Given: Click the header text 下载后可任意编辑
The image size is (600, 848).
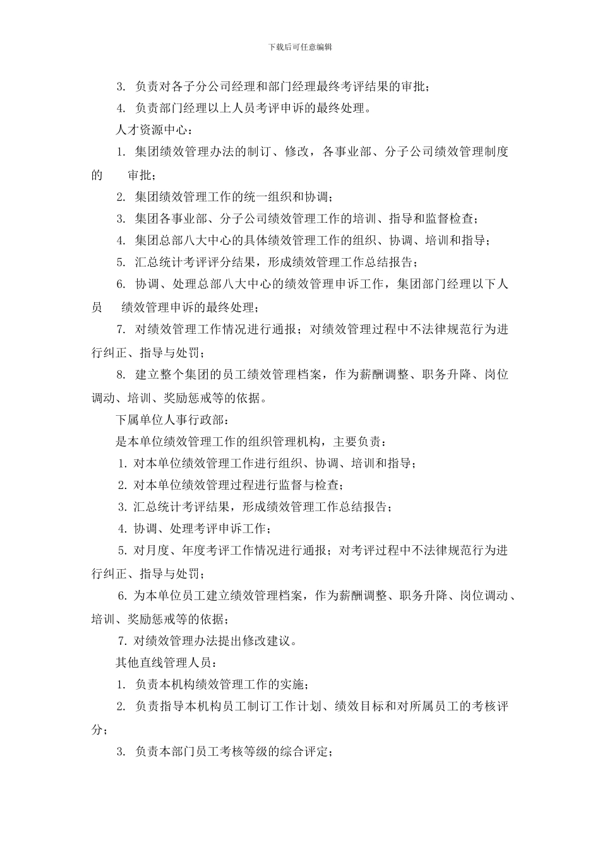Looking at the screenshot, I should click(300, 47).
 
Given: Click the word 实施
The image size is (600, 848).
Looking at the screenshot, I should click(295, 685).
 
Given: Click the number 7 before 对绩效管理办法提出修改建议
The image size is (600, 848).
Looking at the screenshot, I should click(123, 641).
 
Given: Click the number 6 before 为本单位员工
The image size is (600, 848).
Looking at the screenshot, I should click(123, 596).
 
